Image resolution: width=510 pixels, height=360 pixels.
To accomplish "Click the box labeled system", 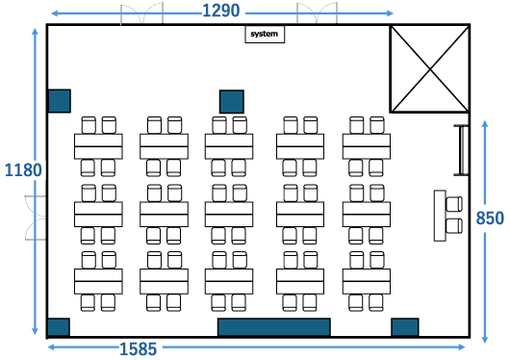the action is pos(265,35).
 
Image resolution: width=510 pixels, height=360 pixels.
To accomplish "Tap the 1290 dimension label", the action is pos(221,11).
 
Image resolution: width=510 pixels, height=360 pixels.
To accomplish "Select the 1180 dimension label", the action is pos(23,170).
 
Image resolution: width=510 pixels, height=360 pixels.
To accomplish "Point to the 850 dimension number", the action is pos(490,219).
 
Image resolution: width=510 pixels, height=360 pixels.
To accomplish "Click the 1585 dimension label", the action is pos(139,349).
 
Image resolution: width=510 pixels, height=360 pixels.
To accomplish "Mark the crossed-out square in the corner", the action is pos(430,69).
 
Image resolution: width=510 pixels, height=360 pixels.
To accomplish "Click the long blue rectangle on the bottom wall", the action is pos(274,327).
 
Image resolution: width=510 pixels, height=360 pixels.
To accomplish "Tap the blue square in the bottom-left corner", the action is pos(59,327).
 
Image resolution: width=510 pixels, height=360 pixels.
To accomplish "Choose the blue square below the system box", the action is pos(232,102).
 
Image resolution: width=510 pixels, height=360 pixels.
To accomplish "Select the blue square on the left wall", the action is pos(60,101).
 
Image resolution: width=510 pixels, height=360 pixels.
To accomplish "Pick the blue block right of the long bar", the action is pos(405,327).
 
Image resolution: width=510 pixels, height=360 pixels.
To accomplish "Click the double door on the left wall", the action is pos(36,219).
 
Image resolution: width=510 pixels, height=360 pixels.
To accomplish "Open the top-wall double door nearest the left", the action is pos(141,13).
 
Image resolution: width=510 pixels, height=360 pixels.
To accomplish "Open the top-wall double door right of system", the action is pos(318,13).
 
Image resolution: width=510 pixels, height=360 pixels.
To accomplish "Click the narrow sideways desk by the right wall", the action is pos(440,216).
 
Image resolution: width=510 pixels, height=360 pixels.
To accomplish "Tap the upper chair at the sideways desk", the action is pos(454,204).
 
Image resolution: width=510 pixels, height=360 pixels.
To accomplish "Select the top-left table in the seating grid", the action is pos(98,146).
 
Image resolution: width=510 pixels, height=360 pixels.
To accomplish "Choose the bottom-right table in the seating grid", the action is pos(367,281).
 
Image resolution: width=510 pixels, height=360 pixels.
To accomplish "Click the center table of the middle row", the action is pos(229,215).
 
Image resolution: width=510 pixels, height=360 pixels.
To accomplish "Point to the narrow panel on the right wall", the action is pos(462,150).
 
